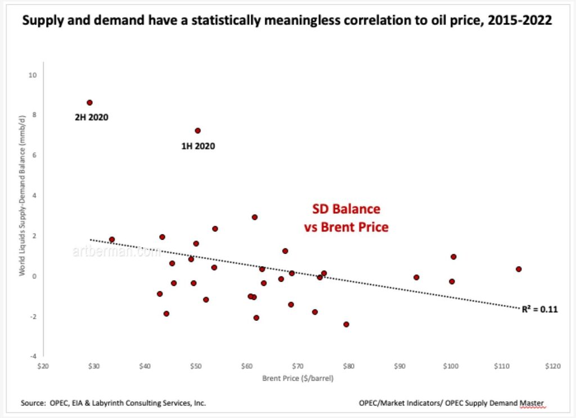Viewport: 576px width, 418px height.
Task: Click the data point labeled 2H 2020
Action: (89, 103)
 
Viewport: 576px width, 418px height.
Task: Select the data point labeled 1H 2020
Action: (197, 130)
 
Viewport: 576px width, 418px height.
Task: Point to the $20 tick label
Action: (43, 366)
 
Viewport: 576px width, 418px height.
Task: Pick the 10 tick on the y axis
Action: (33, 75)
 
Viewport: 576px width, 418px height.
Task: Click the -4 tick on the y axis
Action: (33, 356)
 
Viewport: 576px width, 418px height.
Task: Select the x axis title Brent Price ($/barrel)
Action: (298, 378)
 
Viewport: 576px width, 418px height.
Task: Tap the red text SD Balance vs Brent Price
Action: (346, 218)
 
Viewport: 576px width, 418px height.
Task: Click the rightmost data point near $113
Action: (519, 269)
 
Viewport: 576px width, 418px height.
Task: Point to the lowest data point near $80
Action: (346, 324)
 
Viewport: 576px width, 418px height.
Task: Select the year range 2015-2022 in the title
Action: (518, 21)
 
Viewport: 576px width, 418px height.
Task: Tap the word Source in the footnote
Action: (32, 403)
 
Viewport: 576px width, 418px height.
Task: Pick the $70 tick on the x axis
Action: (298, 366)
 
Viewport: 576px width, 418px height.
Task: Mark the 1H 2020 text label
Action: (198, 146)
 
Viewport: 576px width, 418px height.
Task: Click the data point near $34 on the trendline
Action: (112, 239)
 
